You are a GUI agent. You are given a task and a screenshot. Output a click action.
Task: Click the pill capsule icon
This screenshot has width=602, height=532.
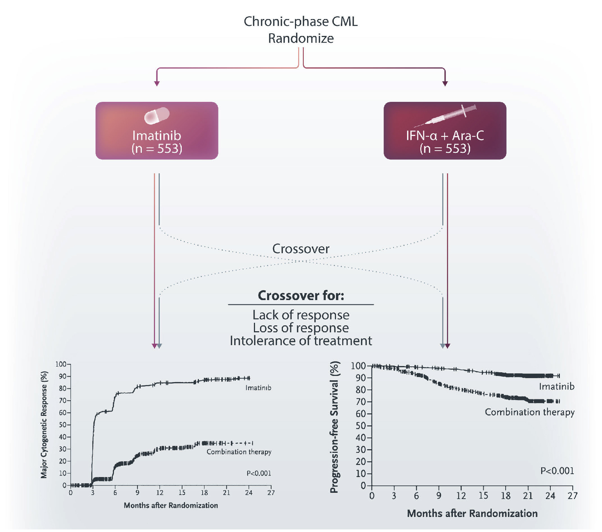coord(157,116)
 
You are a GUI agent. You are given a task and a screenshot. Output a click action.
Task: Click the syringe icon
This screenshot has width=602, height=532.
coord(445,116)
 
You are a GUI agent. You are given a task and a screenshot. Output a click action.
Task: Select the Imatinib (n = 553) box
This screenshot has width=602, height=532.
coord(157,131)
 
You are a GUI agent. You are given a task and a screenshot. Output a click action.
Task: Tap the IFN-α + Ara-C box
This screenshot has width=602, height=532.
coord(445,131)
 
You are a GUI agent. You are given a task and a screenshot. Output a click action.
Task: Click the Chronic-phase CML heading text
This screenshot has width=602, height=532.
coord(300,22)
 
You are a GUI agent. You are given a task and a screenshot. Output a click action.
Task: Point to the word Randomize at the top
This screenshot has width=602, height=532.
coord(301,38)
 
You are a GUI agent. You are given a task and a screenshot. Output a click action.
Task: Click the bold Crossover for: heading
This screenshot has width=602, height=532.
coord(301,296)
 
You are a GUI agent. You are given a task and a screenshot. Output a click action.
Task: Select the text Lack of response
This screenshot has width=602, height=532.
coord(301,315)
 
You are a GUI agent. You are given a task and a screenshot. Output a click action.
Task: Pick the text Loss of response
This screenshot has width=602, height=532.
coord(301,328)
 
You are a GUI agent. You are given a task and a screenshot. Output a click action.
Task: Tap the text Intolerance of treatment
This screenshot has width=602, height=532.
coord(301,341)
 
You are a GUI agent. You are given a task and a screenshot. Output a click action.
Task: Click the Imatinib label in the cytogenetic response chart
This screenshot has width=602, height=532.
coord(258,388)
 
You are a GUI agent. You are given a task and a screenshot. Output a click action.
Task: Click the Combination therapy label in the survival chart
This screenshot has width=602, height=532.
coord(529,412)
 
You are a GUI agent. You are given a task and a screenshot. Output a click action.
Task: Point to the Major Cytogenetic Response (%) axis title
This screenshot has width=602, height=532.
coord(44,425)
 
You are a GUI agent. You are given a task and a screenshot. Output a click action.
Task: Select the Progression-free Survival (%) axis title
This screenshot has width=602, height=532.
coord(334,427)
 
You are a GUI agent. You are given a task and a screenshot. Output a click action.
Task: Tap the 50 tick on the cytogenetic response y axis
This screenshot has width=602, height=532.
coord(63,425)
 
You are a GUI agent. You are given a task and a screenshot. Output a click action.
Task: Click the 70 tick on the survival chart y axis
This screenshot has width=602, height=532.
coord(361,402)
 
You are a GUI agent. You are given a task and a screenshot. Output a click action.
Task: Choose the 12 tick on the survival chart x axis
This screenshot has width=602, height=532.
coord(461,496)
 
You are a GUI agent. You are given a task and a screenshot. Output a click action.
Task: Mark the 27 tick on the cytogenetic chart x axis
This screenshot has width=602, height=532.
coord(271,493)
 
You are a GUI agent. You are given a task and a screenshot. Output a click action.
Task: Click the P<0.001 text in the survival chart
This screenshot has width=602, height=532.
coord(557,471)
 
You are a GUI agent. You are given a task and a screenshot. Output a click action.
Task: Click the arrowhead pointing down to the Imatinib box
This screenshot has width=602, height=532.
coord(157,84)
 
